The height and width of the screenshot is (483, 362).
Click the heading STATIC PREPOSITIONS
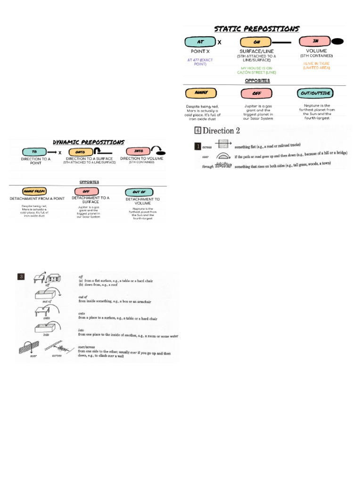tap(257, 29)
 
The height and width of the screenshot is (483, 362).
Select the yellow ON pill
tap(256, 42)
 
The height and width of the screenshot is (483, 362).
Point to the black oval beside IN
tap(337, 42)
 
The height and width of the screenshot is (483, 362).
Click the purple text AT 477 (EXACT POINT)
tap(201, 62)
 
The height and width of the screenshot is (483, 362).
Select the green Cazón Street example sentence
tap(258, 70)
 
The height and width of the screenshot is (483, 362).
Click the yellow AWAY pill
tap(200, 92)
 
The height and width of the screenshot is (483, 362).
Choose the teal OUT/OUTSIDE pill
tap(315, 92)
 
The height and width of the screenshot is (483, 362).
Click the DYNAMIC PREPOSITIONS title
tap(89, 142)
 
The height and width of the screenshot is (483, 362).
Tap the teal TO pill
tap(34, 152)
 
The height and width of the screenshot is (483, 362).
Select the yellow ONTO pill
tap(81, 152)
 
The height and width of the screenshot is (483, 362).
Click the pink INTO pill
tap(139, 151)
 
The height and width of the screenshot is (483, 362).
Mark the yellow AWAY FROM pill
tap(34, 192)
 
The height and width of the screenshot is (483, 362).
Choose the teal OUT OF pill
tap(139, 192)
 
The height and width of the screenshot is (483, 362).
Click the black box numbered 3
tap(21, 277)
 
